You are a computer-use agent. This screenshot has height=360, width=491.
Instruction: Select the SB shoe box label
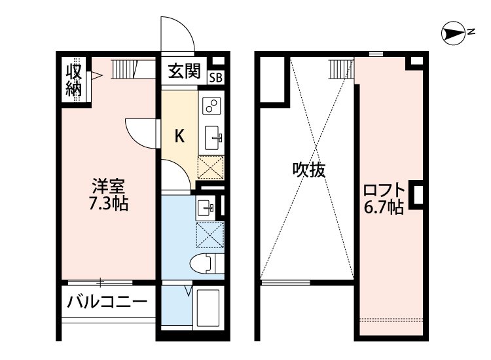click(215, 77)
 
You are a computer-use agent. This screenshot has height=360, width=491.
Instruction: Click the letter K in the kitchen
click(178, 135)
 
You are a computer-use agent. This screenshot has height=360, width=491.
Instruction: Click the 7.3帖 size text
click(108, 204)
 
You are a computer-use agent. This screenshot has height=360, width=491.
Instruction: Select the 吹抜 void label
click(308, 170)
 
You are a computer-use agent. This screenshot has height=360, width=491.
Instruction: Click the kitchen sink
click(214, 137)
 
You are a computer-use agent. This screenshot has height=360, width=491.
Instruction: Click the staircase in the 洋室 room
click(122, 67)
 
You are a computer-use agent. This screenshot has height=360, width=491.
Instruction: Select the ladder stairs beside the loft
click(338, 67)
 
